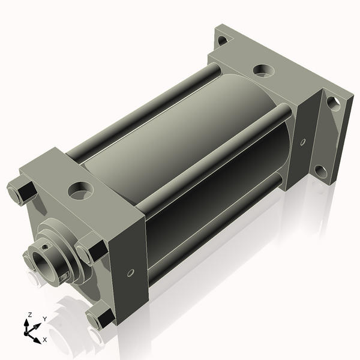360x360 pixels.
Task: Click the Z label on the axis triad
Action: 30,314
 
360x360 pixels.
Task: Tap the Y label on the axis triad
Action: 45,319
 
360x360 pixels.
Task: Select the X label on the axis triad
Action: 45,340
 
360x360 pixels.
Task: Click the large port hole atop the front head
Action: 80,191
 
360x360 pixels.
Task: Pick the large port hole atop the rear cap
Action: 263,71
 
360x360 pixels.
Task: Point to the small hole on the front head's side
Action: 131,273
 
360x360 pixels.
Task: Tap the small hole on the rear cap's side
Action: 303,142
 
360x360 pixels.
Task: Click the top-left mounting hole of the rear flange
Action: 222,41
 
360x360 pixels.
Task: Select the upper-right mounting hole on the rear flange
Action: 334,104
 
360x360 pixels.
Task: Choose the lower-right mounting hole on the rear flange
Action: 321,172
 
